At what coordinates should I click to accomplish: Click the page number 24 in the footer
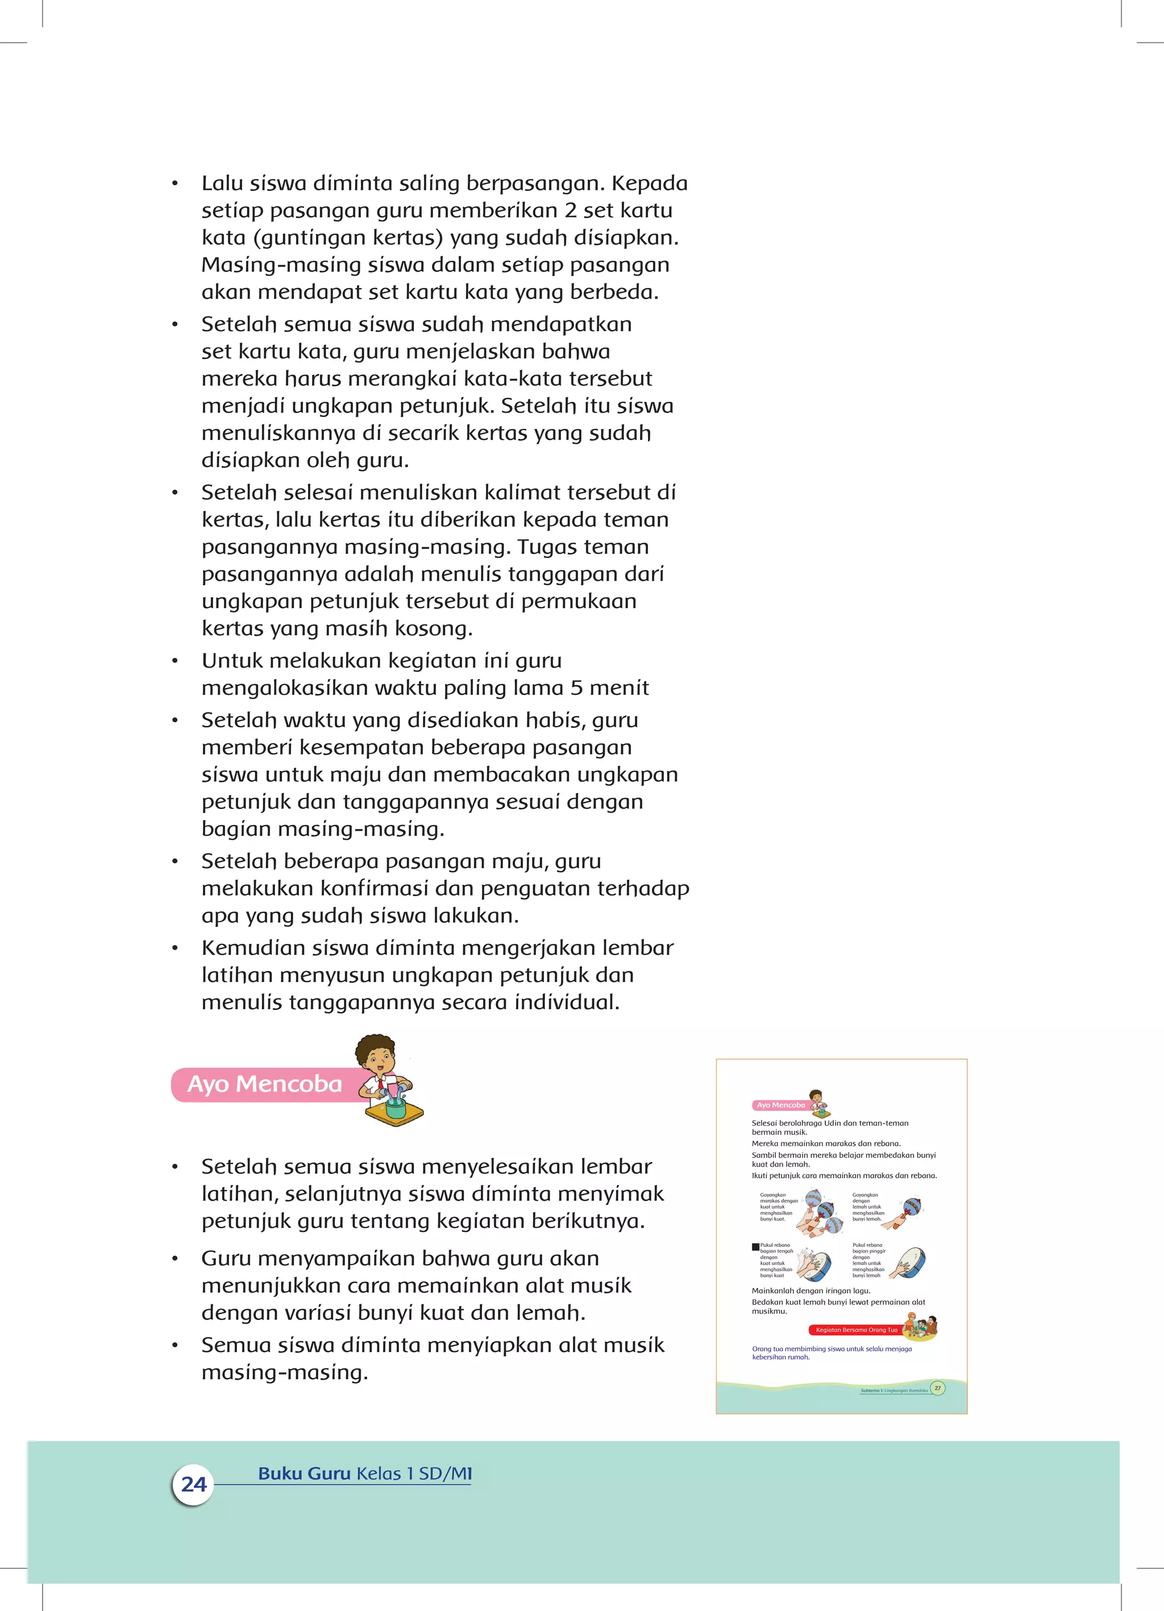(193, 1484)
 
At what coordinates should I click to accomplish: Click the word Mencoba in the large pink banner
(289, 1084)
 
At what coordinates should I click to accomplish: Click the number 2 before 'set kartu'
(571, 210)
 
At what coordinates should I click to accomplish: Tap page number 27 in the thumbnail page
(937, 1387)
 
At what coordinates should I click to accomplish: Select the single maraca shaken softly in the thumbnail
(911, 1207)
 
